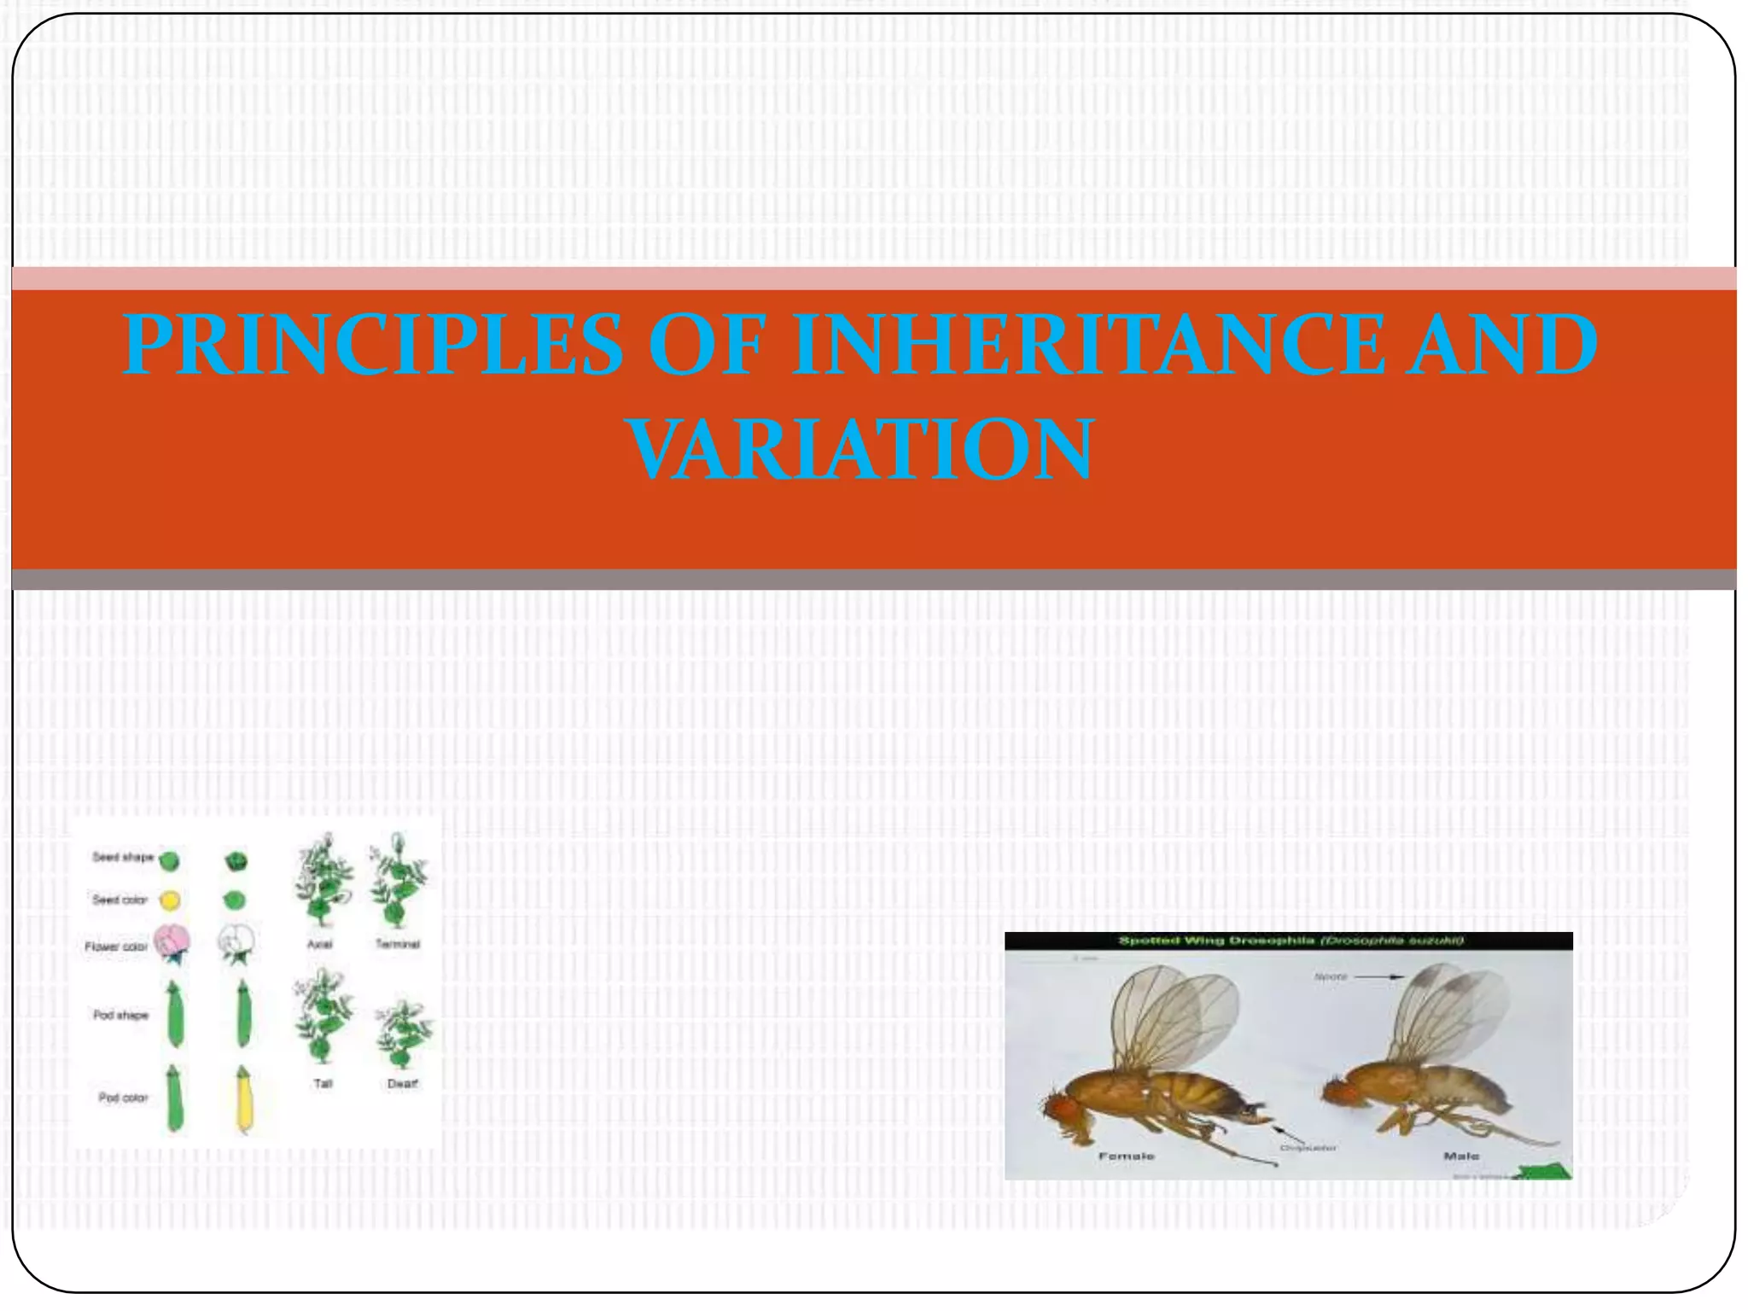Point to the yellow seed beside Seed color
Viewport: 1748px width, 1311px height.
(171, 900)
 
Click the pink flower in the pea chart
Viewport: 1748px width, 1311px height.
(172, 942)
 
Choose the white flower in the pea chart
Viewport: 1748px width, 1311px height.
(236, 942)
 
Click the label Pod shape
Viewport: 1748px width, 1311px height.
(120, 1015)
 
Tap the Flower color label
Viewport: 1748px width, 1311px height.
(116, 947)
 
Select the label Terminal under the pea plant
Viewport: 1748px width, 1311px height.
(398, 944)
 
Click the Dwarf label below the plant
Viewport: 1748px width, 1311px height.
(402, 1084)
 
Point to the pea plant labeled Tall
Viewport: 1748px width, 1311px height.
(323, 1016)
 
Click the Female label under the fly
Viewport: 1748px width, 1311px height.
(1126, 1157)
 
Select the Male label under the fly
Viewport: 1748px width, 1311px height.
(1460, 1157)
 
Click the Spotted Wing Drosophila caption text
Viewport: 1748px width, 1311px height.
(1291, 941)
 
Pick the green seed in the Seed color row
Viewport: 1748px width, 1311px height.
(234, 900)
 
